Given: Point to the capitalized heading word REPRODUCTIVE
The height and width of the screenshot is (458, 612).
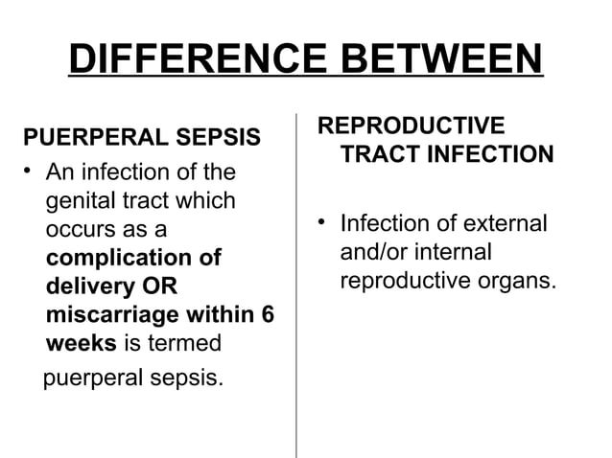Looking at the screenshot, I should click(410, 126).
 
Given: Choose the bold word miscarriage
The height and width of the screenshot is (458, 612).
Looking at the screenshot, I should click(113, 315).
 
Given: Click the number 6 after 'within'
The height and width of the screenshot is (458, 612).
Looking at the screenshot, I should click(266, 315).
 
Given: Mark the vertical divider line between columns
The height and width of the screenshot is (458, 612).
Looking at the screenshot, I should click(295, 287).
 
